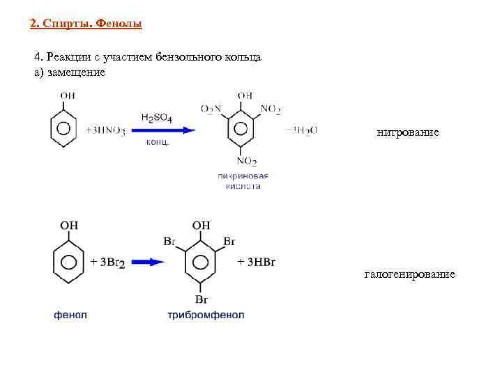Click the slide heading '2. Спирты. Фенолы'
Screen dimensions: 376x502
click(x=86, y=24)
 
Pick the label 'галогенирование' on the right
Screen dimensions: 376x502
click(x=409, y=274)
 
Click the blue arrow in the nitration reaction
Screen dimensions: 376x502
click(x=168, y=130)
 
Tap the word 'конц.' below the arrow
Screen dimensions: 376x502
click(x=157, y=143)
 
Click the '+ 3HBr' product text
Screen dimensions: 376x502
click(x=256, y=262)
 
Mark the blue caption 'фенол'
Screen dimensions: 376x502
click(x=70, y=315)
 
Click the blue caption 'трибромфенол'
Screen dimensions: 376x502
click(x=206, y=315)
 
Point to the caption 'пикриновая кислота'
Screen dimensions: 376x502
click(x=243, y=181)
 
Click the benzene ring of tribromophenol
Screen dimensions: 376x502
click(x=201, y=262)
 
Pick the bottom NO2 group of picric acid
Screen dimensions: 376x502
click(x=245, y=163)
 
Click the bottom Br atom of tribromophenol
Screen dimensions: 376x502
click(x=201, y=299)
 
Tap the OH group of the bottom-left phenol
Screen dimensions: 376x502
click(x=69, y=225)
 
